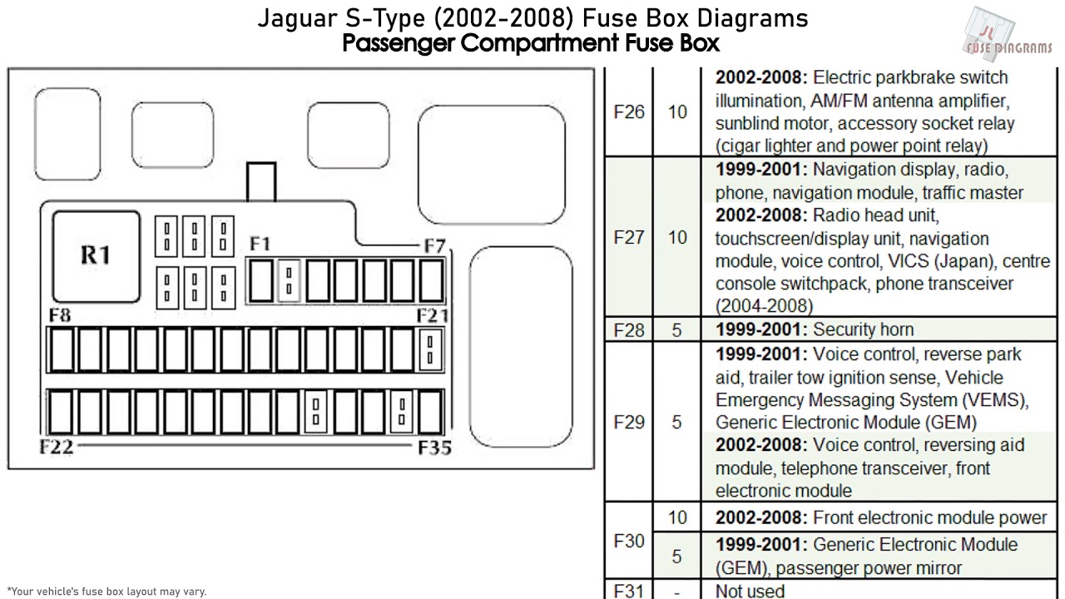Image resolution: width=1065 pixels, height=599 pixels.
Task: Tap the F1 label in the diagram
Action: [x=260, y=244]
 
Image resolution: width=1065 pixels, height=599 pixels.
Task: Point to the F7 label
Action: [x=434, y=246]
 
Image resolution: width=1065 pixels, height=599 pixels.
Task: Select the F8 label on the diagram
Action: [x=59, y=315]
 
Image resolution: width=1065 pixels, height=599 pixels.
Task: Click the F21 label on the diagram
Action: [x=433, y=315]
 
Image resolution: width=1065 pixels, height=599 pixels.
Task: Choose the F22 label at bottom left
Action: [x=57, y=447]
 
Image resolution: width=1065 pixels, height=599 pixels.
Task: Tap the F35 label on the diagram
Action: [x=434, y=448]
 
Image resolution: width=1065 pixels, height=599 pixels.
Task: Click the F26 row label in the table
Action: [x=628, y=112]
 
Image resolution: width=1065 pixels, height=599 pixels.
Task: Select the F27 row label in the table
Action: [x=628, y=238]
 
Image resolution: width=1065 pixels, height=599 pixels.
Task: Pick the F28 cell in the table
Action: [x=628, y=330]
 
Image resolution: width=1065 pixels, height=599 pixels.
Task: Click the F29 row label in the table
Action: [x=628, y=423]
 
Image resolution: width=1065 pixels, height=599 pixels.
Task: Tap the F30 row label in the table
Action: [x=628, y=541]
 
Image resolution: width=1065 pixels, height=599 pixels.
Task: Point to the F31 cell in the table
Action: [x=628, y=591]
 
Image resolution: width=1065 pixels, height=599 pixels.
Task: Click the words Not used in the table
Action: [x=750, y=591]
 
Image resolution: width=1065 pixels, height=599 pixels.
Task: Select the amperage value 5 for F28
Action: [x=676, y=330]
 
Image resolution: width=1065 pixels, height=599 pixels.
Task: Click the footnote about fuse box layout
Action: [x=106, y=592]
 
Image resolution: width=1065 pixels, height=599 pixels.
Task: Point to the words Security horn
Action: [x=863, y=329]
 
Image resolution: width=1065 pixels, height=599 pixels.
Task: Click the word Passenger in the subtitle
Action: [x=399, y=42]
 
